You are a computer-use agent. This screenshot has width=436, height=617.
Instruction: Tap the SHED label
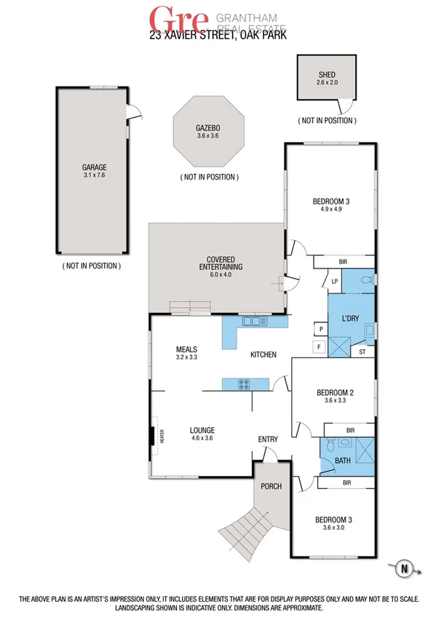[326, 74]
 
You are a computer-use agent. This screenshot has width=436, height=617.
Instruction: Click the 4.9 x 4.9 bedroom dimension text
[332, 210]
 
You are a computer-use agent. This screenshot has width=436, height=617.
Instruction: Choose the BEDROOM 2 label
[335, 394]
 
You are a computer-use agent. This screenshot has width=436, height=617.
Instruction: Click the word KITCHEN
[263, 355]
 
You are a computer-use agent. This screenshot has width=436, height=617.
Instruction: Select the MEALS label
[187, 349]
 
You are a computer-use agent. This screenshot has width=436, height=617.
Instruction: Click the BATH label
[342, 461]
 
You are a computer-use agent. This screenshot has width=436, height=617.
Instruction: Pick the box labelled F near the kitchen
[319, 347]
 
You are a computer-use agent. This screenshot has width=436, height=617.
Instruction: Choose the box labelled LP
[334, 281]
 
